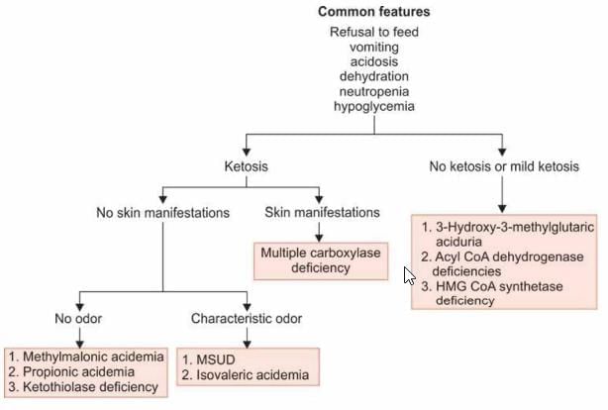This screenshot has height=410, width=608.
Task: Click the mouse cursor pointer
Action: pos(409,274)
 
